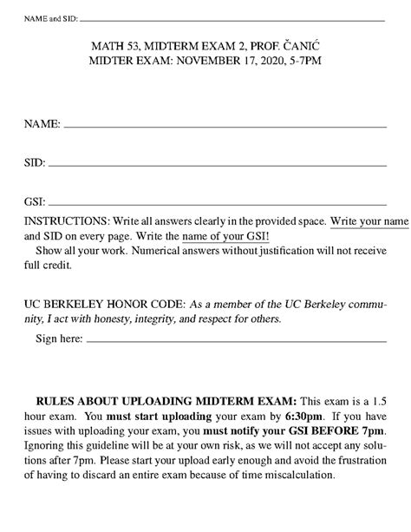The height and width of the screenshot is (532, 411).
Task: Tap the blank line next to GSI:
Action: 218,200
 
